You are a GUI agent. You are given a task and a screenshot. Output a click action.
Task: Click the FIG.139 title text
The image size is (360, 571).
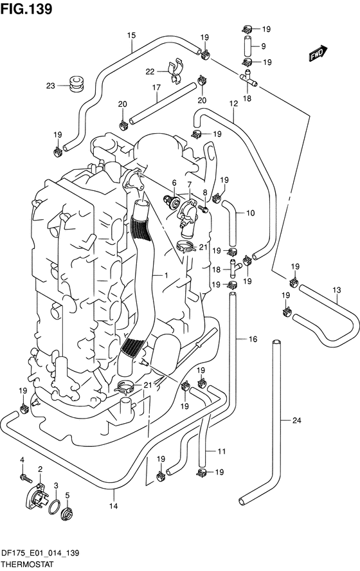(26, 9)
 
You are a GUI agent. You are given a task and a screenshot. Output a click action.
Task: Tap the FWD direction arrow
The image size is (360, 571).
(318, 53)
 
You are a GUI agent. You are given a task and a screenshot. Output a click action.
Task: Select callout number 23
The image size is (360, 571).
(51, 86)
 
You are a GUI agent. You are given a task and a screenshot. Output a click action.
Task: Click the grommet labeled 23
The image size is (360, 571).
(76, 84)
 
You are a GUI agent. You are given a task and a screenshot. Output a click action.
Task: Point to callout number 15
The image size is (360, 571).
(131, 35)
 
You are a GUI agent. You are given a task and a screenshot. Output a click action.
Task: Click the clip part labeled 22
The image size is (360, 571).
(175, 69)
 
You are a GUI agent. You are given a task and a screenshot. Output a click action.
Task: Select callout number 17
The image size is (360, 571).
(156, 87)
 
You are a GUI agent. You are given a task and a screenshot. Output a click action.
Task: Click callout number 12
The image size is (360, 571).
(233, 104)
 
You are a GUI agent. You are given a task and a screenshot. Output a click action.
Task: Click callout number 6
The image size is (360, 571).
(174, 182)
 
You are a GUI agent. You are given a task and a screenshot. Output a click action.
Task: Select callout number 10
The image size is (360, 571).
(251, 213)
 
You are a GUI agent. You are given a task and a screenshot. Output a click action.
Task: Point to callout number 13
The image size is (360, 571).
(337, 290)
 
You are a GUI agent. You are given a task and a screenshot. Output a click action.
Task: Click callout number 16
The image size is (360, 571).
(253, 339)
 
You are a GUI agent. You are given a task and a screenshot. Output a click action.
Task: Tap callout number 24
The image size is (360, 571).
(297, 421)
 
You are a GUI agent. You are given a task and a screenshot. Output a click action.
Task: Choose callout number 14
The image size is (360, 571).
(114, 506)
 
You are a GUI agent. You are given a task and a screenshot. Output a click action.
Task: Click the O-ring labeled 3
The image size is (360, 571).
(54, 507)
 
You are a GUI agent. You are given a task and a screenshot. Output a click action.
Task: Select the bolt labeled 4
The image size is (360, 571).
(26, 478)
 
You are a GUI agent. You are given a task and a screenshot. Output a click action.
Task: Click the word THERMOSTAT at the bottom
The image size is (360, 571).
(26, 565)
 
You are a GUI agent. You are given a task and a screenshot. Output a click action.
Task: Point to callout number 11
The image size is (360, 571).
(222, 451)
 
